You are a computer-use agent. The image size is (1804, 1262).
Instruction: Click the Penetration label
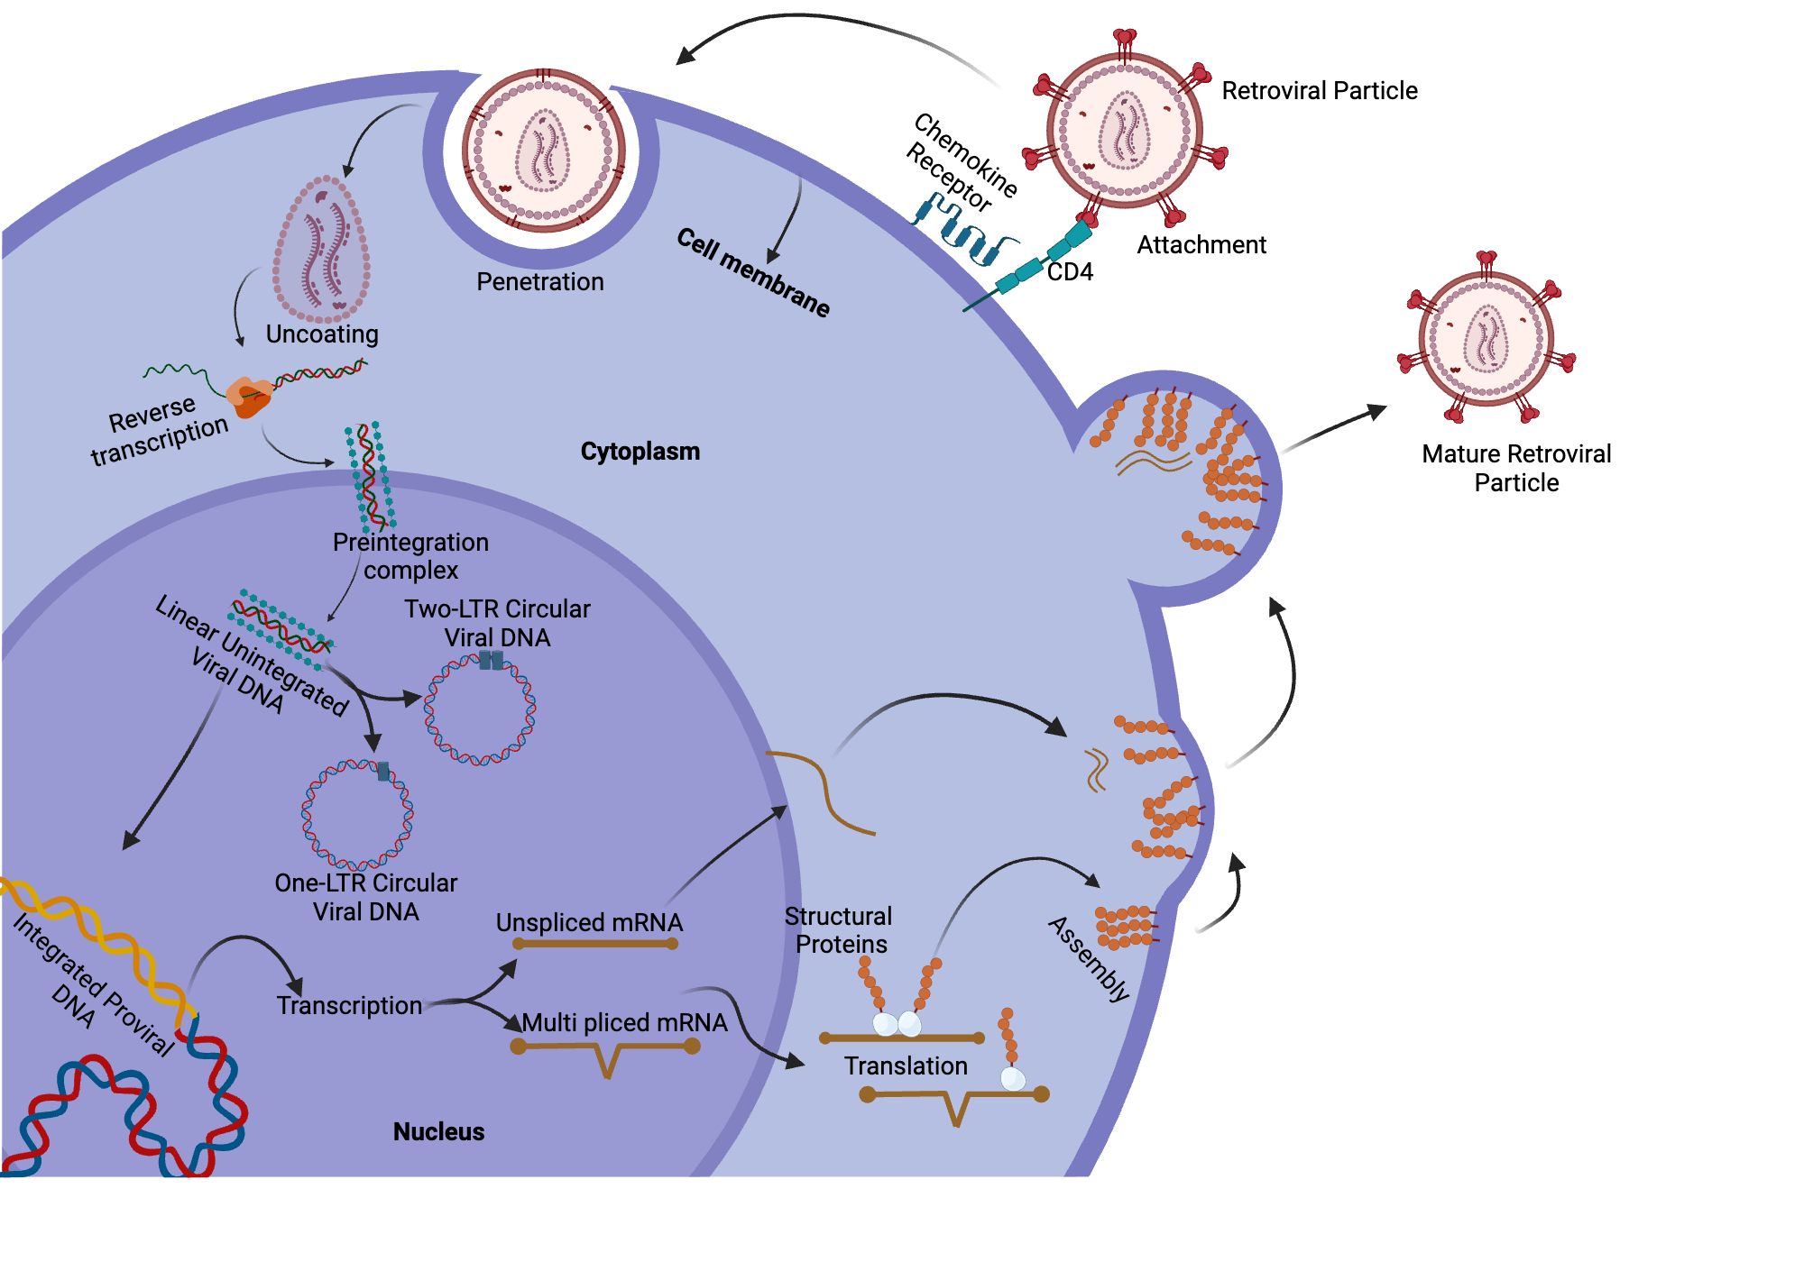pyautogui.click(x=539, y=282)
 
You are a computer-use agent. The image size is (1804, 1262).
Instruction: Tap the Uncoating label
pyautogui.click(x=322, y=334)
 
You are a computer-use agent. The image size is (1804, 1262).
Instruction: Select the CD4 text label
pyautogui.click(x=1070, y=272)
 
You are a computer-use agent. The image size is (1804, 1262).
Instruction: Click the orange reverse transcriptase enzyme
pyautogui.click(x=249, y=396)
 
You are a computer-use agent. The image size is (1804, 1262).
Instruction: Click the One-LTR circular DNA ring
pyautogui.click(x=357, y=814)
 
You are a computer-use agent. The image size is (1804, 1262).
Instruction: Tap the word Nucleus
pyautogui.click(x=438, y=1132)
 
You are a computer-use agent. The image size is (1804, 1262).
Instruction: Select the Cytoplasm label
pyautogui.click(x=640, y=452)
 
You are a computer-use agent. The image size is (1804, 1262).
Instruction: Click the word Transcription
pyautogui.click(x=349, y=1006)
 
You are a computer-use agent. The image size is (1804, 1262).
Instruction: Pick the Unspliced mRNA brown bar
pyautogui.click(x=595, y=944)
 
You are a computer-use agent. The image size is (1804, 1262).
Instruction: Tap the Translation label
pyautogui.click(x=906, y=1066)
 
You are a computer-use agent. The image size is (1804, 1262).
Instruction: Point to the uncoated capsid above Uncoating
pyautogui.click(x=322, y=248)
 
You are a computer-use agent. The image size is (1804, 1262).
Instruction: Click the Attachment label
pyautogui.click(x=1201, y=245)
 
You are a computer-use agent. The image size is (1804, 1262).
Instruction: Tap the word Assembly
pyautogui.click(x=1089, y=959)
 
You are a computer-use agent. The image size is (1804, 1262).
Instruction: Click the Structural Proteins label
pyautogui.click(x=838, y=930)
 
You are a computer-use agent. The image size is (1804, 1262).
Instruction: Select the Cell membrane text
pyautogui.click(x=753, y=272)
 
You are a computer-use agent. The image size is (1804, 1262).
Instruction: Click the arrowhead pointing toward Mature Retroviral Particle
pyautogui.click(x=1376, y=411)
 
